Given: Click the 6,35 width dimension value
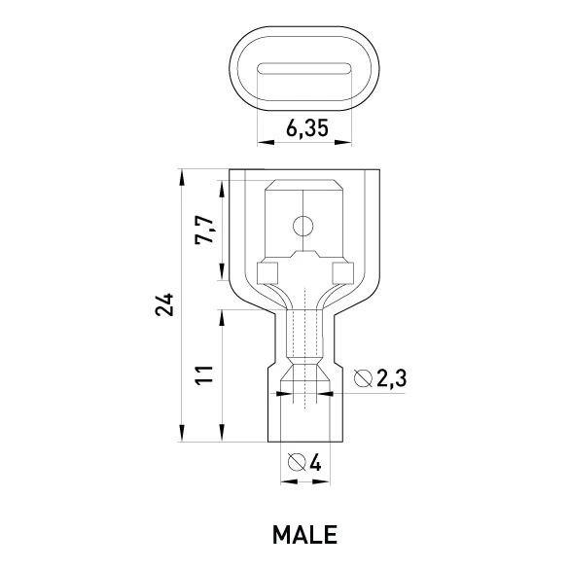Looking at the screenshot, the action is coord(307,128).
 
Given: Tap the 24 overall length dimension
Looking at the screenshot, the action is coord(164,303).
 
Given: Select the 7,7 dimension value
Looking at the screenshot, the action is coord(204,230).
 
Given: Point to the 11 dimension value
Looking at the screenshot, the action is coord(204,375).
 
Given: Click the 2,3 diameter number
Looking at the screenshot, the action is coord(392,379).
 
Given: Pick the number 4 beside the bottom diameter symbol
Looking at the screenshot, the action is coord(316,462).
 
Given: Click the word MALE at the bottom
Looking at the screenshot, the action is coord(304,535).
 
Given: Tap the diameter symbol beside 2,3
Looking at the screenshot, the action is coord(363,378).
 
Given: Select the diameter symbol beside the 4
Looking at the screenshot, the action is coord(297,462).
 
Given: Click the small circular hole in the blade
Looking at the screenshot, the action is coord(303,227).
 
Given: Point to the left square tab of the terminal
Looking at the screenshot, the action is coord(267,273).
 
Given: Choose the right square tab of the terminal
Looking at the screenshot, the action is coord(343,273).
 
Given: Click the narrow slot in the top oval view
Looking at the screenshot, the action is coord(304,69).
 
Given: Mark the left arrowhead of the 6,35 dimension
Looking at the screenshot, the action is coord(266,142).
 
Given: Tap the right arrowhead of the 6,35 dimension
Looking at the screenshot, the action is coord(343,142).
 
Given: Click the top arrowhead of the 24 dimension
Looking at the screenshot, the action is coord(182,177).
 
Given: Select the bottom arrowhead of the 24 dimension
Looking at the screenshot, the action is coord(182,433).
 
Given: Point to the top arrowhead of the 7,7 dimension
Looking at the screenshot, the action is coord(222,189).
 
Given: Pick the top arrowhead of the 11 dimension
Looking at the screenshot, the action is coord(222,318).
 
